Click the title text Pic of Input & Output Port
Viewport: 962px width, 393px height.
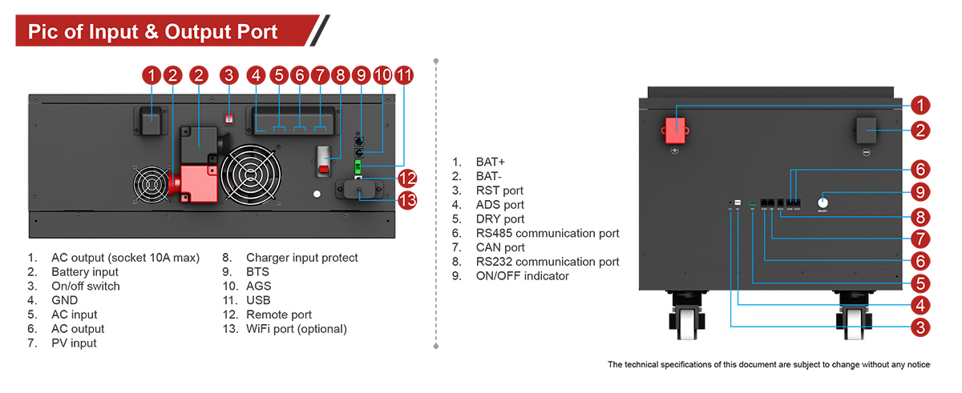152,32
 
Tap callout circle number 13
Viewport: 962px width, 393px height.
407,200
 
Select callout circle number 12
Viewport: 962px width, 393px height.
407,178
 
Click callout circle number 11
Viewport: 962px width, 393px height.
404,76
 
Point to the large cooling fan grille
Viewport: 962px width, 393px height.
253,174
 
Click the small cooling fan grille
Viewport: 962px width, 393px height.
152,186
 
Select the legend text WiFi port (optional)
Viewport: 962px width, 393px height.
296,329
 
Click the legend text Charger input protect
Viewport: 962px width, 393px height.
301,258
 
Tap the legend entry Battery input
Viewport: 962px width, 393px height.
84,272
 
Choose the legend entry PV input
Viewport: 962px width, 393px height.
74,343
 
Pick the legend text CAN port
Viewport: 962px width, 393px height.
500,247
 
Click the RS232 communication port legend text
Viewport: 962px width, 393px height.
548,262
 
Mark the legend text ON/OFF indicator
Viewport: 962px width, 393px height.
522,276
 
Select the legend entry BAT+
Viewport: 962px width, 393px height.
490,162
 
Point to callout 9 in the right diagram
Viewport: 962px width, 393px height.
920,192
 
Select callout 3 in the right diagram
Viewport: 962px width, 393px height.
920,327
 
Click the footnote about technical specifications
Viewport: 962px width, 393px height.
768,365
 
